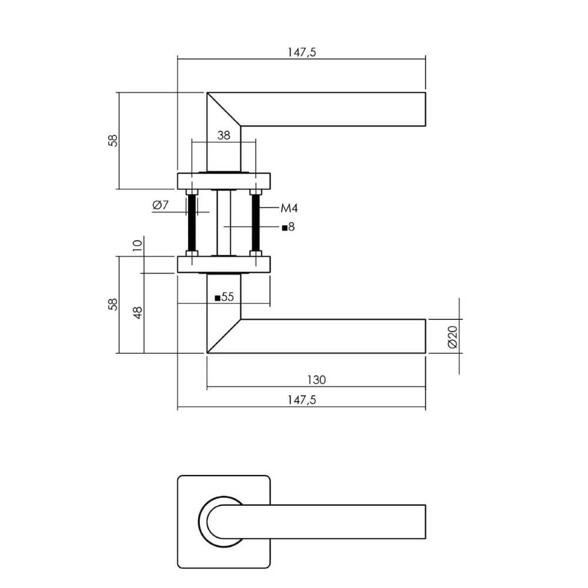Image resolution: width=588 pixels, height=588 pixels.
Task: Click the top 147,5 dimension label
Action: pos(302,52)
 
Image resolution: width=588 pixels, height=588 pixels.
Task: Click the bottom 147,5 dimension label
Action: pos(302,400)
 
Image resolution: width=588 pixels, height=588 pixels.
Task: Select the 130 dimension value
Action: pos(316,380)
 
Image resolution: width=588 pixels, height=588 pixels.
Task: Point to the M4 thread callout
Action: pos(289,208)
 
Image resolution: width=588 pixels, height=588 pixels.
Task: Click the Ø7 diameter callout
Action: pos(161,205)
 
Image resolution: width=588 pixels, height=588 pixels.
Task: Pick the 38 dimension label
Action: pos(223,135)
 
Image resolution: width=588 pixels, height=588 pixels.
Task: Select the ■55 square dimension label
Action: pos(225,298)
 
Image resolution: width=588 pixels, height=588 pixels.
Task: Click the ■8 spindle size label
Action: pos(288,227)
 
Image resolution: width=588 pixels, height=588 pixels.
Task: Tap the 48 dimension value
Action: pos(138,312)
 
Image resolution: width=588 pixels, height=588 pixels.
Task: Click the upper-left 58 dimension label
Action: pos(113,141)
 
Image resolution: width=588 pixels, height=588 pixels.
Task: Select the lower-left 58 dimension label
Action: pos(113,304)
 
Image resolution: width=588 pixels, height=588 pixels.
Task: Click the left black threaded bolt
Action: pos(192,223)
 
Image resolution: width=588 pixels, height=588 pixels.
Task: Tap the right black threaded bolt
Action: pos(256,223)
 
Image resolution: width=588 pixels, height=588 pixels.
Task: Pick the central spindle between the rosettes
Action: pos(223,223)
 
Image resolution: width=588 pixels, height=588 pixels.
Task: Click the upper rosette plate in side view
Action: pos(223,180)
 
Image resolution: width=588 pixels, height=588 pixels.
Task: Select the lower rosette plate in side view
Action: pos(223,265)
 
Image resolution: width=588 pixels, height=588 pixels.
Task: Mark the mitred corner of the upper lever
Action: pos(223,109)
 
